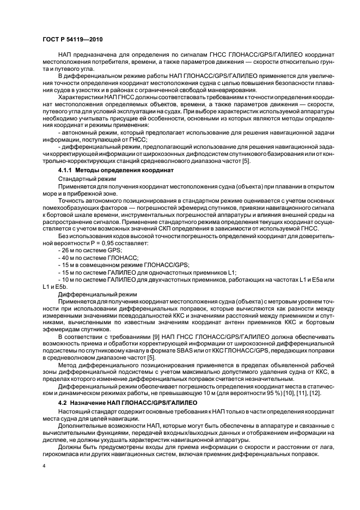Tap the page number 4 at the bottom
pyautogui.click(x=43, y=466)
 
